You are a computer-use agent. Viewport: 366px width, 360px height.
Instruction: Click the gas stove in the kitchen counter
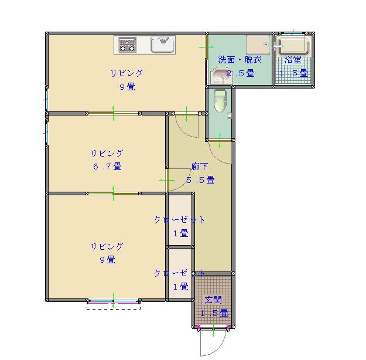click(x=128, y=45)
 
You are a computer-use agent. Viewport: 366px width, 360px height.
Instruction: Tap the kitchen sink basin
click(x=163, y=44)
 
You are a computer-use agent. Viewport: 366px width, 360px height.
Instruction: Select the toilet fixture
click(x=220, y=101)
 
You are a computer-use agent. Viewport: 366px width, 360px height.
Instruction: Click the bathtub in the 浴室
click(x=294, y=45)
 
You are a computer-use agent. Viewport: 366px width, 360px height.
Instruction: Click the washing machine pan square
click(x=258, y=45)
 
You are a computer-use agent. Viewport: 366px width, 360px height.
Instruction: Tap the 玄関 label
click(x=213, y=300)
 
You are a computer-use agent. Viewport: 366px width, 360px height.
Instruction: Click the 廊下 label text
click(x=199, y=166)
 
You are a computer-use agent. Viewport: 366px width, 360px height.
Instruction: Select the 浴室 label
click(x=293, y=60)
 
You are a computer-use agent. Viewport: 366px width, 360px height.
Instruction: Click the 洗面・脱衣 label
click(x=240, y=60)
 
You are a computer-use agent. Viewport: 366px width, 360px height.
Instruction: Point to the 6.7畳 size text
click(x=107, y=167)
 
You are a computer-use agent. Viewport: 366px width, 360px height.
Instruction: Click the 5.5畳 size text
click(x=200, y=180)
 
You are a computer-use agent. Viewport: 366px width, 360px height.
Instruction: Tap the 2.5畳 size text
click(x=241, y=73)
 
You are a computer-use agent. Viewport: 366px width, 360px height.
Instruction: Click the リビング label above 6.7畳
click(x=107, y=153)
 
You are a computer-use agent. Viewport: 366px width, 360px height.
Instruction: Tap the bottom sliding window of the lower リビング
click(x=113, y=301)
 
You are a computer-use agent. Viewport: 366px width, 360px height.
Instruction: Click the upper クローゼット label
click(x=180, y=220)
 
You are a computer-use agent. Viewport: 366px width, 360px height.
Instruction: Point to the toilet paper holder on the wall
click(x=230, y=116)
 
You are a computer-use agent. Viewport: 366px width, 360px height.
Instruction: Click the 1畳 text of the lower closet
click(x=181, y=286)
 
